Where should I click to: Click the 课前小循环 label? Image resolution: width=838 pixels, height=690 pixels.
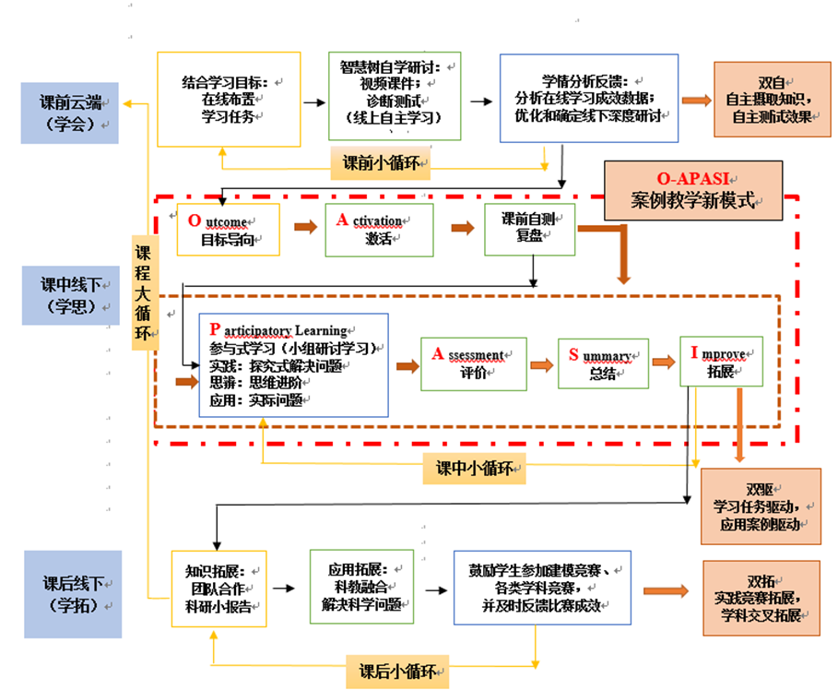point(381,163)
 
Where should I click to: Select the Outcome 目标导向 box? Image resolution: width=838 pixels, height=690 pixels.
point(228,230)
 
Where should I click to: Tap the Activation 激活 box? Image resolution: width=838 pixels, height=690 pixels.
point(378,230)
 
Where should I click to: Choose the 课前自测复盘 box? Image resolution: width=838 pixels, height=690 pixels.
point(529,229)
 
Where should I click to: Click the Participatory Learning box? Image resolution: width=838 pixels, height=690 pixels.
point(293,364)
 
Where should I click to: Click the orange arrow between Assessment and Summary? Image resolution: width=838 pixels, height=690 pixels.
point(542,364)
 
